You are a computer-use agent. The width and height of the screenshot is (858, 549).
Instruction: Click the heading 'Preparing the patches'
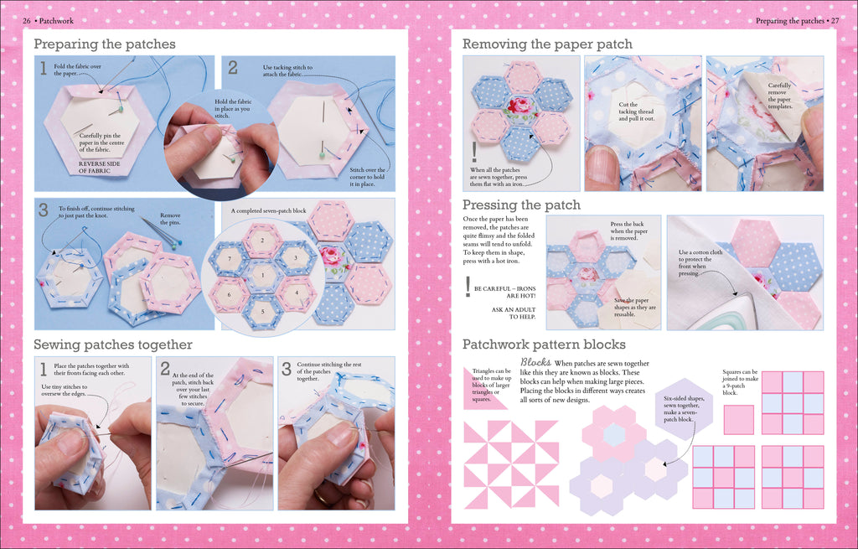[x=105, y=44]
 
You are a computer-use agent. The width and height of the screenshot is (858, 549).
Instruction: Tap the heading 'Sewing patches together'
[x=113, y=344]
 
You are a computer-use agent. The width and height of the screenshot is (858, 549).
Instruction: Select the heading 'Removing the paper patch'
[x=547, y=44]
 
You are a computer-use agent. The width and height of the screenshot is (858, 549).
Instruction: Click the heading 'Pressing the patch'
[x=521, y=205]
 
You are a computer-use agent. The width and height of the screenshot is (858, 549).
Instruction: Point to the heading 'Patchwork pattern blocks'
[x=544, y=344]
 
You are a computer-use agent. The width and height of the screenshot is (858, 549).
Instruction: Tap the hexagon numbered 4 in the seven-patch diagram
[x=296, y=292]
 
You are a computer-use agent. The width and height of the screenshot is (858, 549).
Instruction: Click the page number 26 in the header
[x=27, y=20]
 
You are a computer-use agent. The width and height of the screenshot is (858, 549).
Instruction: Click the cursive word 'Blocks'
[x=535, y=362]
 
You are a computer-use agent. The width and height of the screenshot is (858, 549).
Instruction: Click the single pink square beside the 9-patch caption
[x=738, y=419]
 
